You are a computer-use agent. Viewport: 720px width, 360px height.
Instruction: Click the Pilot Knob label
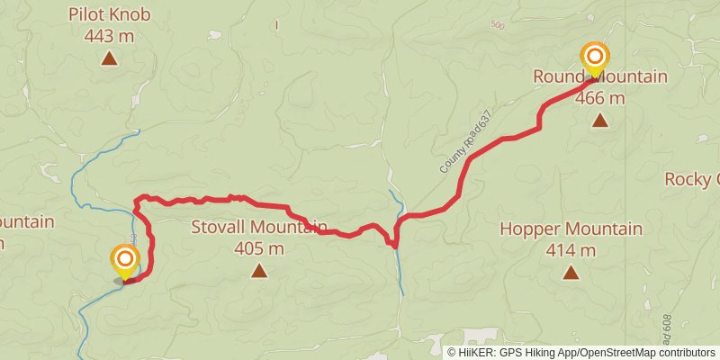[109, 14]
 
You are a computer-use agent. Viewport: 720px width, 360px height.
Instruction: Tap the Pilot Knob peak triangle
[109, 59]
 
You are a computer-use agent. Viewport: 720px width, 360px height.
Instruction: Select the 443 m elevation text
[109, 36]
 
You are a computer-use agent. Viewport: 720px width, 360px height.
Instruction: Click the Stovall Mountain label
[258, 227]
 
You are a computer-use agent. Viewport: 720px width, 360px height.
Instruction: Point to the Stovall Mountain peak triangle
[259, 270]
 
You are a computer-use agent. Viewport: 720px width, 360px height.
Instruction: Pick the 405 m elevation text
[258, 248]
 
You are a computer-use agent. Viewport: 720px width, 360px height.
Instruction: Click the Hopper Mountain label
[571, 229]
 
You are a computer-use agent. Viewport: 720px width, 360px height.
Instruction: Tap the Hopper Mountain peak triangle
[571, 272]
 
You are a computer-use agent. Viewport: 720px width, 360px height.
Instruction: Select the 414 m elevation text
[571, 250]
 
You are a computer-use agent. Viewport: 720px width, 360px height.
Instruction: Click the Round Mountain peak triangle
[600, 120]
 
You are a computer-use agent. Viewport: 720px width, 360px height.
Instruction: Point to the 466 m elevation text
[600, 98]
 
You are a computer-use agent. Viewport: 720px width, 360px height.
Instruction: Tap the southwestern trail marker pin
[125, 261]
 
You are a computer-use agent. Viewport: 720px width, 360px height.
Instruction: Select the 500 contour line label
[499, 25]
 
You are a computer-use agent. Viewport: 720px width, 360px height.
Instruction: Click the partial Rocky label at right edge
[693, 179]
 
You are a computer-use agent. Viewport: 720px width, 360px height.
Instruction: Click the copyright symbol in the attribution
[452, 352]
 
